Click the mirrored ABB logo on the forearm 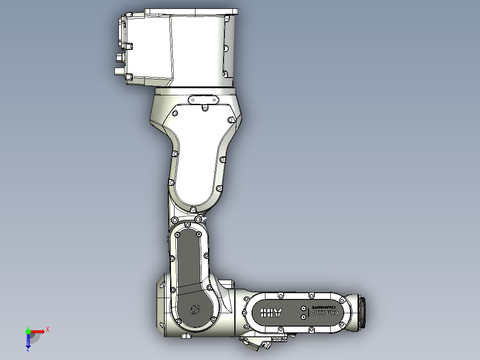(271, 313)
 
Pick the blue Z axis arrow (28, 341)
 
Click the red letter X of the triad (48, 329)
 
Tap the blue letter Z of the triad (28, 350)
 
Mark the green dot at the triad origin (28, 331)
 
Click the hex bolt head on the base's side (118, 57)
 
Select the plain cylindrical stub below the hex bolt (119, 70)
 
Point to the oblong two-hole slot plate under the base (204, 99)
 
